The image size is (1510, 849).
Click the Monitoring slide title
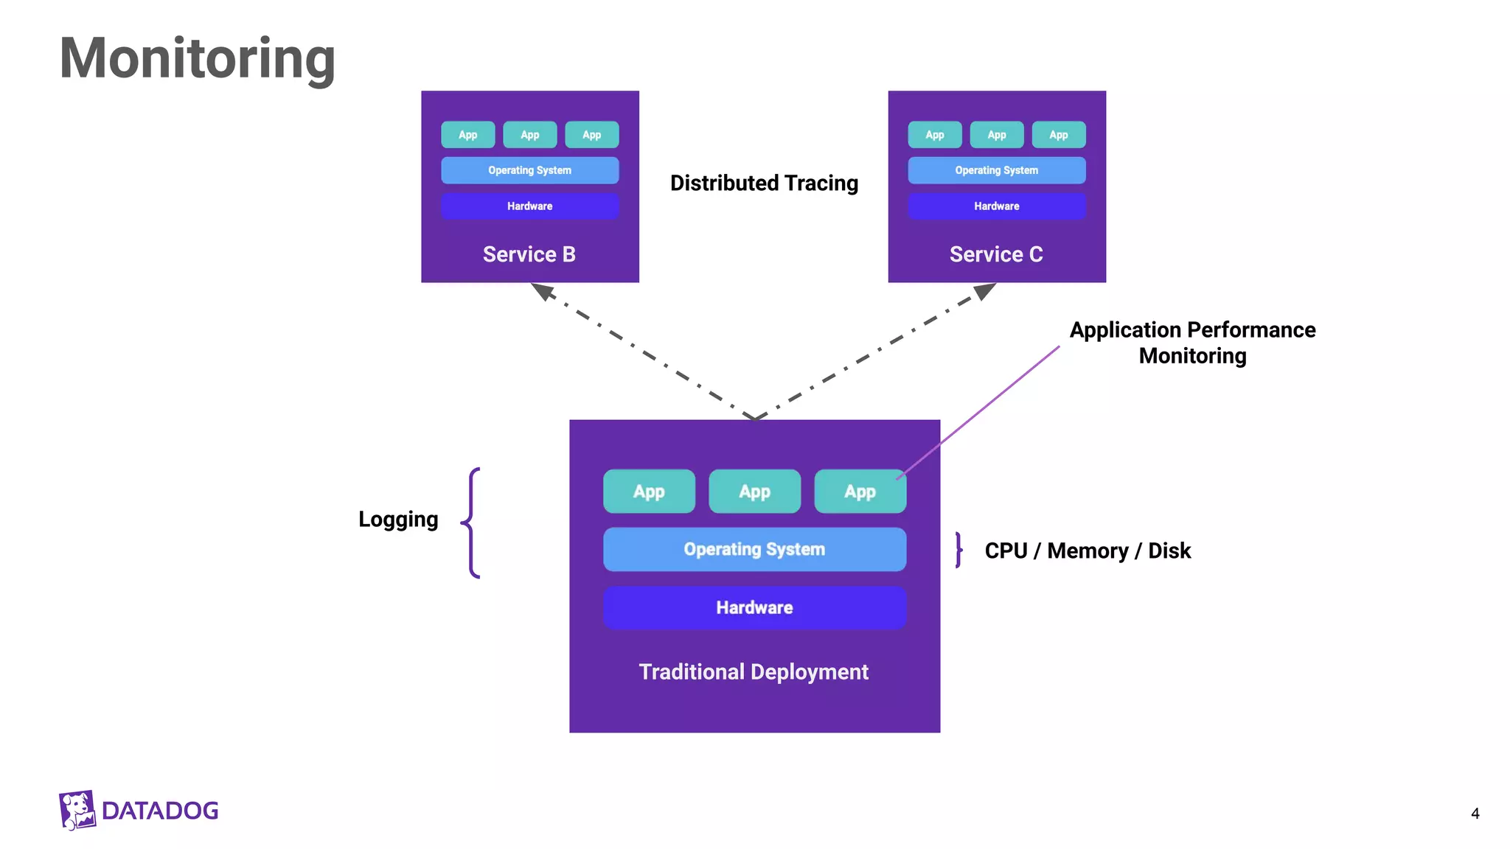point(197,59)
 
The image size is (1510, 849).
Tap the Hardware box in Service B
point(529,206)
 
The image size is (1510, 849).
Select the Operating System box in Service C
point(996,170)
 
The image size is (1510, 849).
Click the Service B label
point(529,254)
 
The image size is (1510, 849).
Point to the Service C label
point(995,254)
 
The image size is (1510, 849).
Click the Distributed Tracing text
point(764,183)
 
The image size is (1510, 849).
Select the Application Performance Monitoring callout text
point(1192,342)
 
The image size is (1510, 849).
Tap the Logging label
point(398,519)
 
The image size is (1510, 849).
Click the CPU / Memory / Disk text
point(1088,551)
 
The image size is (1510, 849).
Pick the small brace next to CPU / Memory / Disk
point(958,550)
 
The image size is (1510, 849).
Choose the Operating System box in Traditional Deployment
point(754,549)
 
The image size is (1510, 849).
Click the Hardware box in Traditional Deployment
point(754,607)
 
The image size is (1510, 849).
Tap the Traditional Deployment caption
point(754,672)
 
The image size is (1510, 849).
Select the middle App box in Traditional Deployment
point(754,492)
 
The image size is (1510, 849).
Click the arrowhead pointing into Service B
point(543,291)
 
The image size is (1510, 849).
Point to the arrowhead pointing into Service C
point(985,291)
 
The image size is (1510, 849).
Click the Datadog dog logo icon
point(77,810)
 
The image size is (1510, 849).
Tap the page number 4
point(1475,814)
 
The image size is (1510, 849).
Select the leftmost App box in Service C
point(934,135)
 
